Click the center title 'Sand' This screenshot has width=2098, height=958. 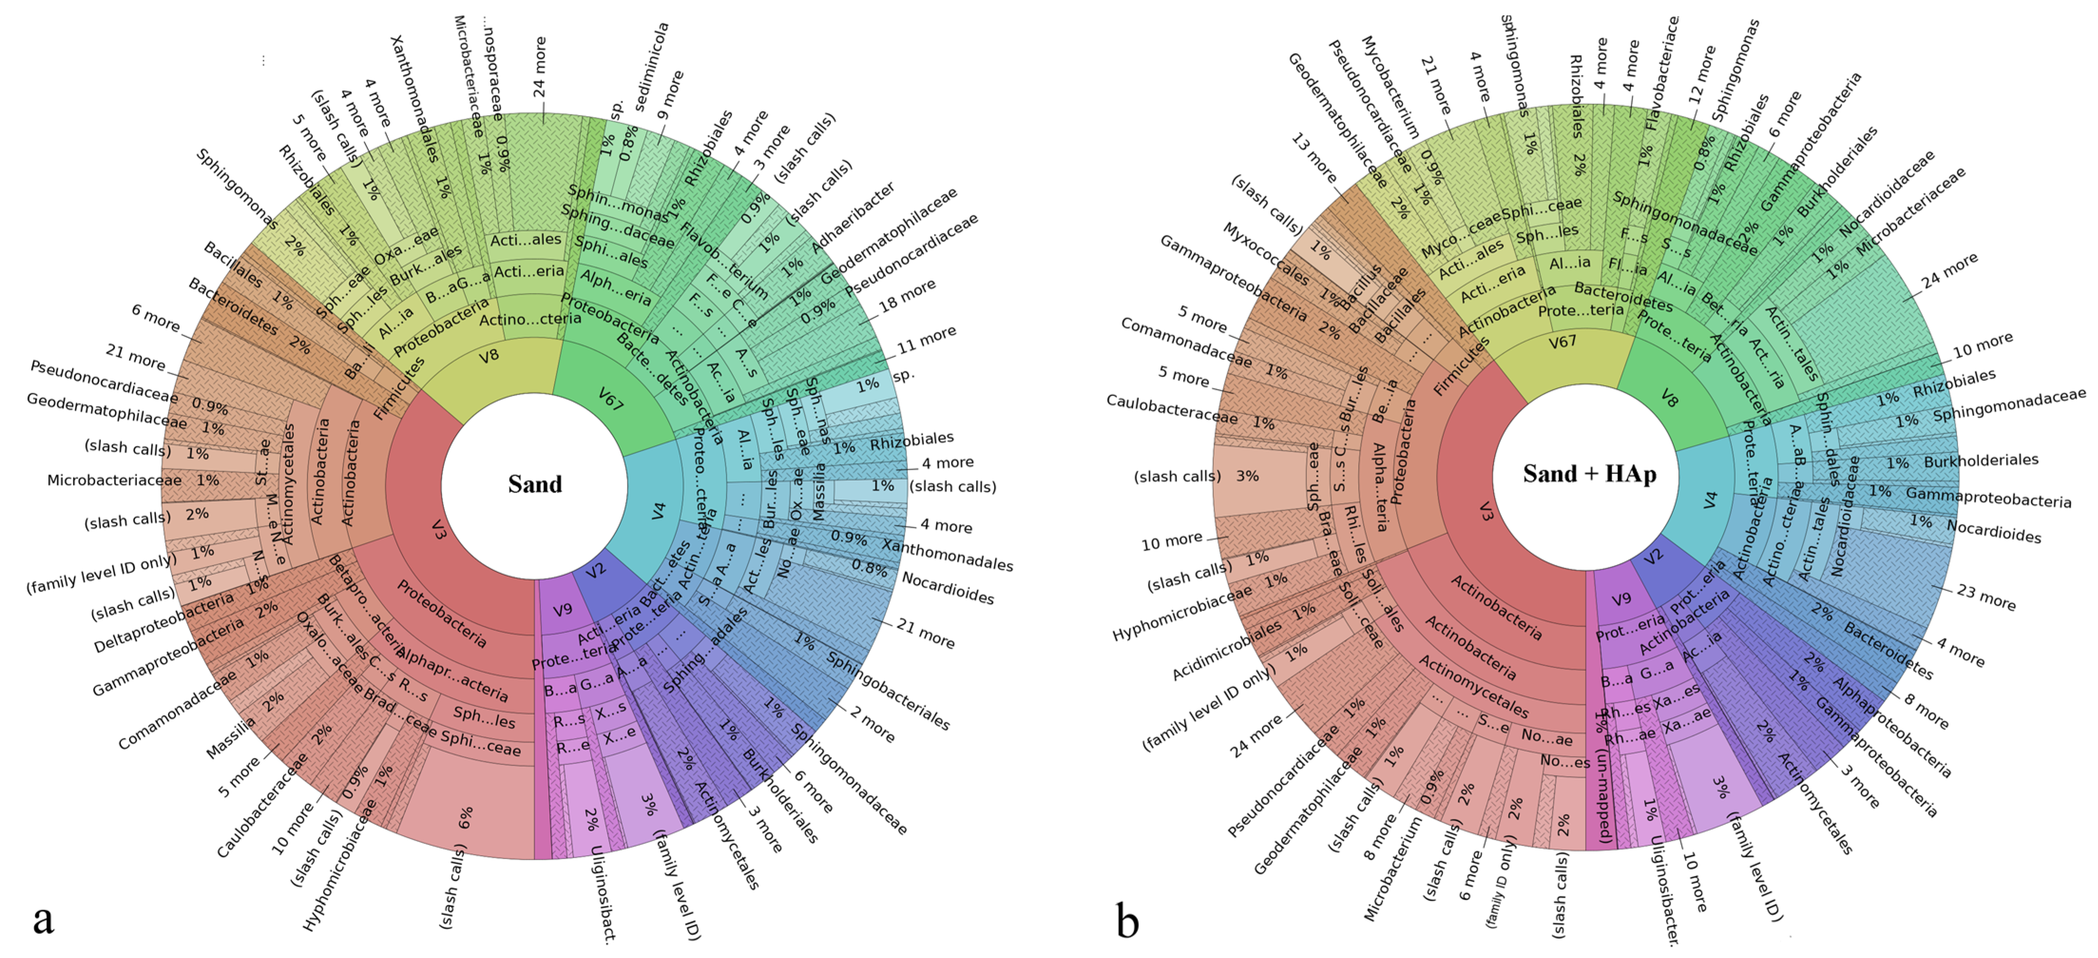535,484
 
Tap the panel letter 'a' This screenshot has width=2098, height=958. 43,919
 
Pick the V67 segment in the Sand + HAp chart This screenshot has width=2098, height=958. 1562,342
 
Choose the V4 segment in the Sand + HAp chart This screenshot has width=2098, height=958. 1709,499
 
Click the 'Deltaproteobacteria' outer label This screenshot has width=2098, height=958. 163,623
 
